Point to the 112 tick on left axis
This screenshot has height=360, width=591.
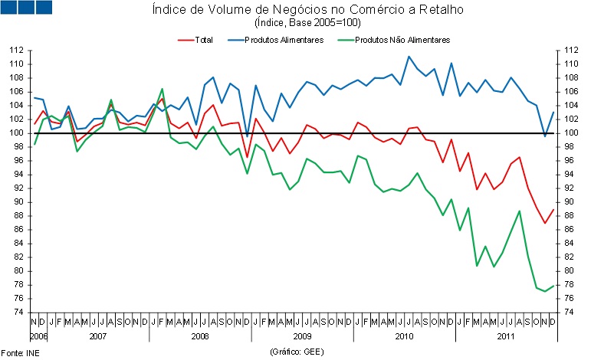15,51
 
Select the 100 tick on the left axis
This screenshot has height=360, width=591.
15,133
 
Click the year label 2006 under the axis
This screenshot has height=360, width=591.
38,335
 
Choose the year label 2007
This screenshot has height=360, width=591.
98,335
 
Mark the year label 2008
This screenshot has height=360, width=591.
200,335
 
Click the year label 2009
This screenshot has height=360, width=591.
302,335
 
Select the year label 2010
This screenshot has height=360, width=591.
404,335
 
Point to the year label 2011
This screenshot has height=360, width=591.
506,335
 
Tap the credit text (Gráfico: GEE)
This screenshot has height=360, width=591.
296,351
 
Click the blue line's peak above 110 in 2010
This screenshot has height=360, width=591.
409,56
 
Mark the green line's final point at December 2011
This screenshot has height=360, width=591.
553,286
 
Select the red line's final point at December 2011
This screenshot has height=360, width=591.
553,210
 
